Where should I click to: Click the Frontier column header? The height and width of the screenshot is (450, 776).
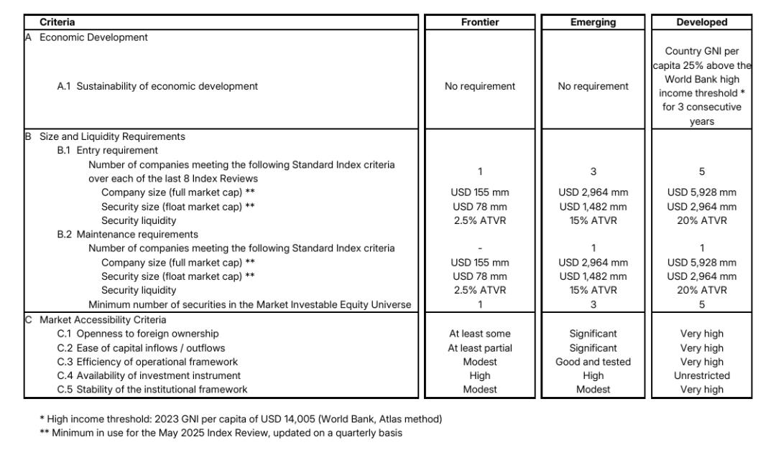point(479,22)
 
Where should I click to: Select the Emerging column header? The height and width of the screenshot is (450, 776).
point(593,22)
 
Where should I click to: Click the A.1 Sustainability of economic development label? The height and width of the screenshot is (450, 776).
point(157,86)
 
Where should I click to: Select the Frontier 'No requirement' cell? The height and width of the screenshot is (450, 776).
point(479,86)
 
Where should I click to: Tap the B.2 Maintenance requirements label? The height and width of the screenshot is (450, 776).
point(127,234)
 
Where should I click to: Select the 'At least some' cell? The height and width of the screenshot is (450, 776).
point(479,333)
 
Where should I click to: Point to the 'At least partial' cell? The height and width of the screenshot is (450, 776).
point(479,347)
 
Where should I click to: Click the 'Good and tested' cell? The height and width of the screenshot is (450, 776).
point(593,361)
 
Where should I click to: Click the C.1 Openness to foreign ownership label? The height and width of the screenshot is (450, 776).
point(138,333)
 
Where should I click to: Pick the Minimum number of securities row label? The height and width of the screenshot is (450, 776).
point(249,304)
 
